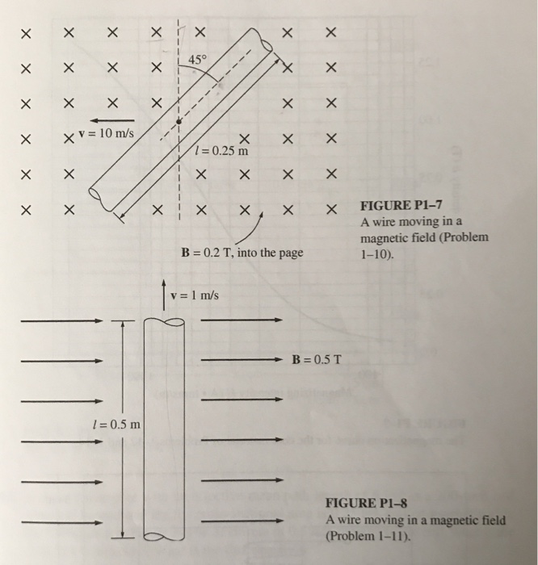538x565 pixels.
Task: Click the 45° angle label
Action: pyautogui.click(x=199, y=59)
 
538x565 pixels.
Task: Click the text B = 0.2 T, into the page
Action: pyautogui.click(x=242, y=253)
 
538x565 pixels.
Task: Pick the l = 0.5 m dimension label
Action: pyautogui.click(x=115, y=425)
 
